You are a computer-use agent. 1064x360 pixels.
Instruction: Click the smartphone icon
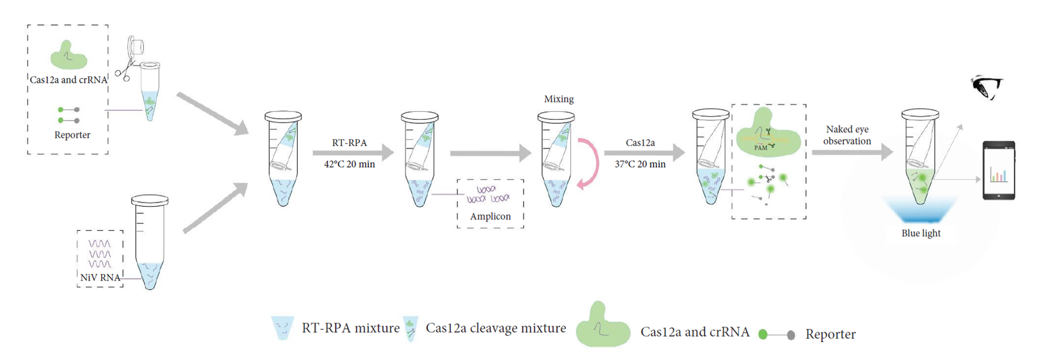tap(998, 170)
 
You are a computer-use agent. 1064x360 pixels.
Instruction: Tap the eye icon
tap(986, 87)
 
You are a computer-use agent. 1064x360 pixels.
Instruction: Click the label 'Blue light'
tap(921, 233)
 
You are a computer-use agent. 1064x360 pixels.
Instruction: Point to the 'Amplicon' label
tap(490, 216)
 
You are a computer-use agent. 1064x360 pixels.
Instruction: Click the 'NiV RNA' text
tap(100, 278)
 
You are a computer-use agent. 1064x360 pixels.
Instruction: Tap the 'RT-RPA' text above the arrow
tap(349, 143)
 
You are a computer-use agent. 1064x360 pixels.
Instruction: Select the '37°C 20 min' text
tap(640, 164)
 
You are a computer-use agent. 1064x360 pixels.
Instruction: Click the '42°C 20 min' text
tap(349, 164)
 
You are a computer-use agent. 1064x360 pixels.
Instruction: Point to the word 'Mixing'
tap(558, 99)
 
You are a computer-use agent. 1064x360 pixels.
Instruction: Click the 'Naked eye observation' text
tap(847, 135)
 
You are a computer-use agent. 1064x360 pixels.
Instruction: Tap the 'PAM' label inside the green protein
tap(760, 148)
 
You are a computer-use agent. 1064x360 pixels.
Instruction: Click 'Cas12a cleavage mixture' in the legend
tap(495, 328)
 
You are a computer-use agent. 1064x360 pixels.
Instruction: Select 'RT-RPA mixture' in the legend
tap(350, 328)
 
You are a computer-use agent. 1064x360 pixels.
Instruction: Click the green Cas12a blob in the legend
tap(602, 328)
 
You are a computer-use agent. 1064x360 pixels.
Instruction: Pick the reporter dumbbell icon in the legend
tap(777, 335)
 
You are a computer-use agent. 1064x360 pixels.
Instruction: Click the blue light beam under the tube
tap(920, 210)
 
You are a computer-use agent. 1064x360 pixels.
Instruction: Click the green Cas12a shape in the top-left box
tap(69, 56)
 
